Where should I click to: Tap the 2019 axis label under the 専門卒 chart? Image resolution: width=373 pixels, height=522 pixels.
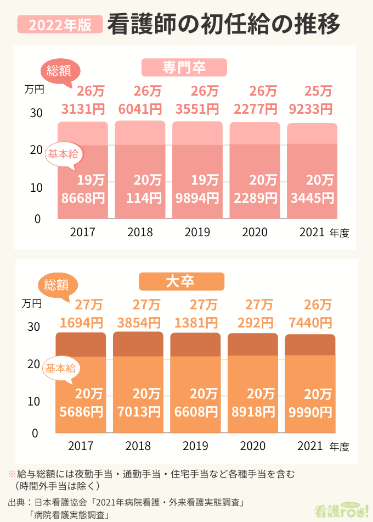coord(197,232)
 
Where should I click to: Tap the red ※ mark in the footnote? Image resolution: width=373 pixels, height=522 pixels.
coord(11,473)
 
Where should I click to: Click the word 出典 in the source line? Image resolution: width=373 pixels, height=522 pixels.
coord(16,502)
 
